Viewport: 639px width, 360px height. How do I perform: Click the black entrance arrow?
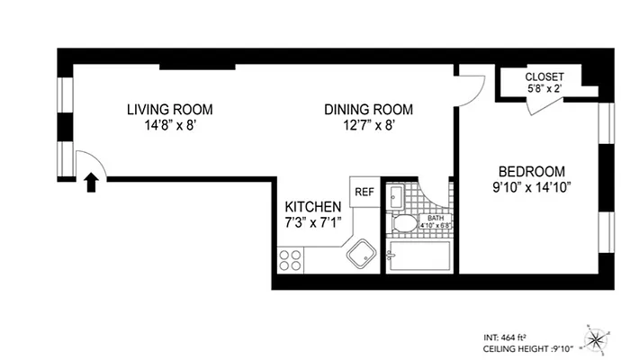click(x=90, y=184)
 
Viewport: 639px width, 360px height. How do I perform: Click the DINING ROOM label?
click(x=368, y=110)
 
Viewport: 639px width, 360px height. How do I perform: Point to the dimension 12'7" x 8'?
click(x=368, y=126)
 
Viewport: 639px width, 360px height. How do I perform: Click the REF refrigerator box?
click(x=364, y=192)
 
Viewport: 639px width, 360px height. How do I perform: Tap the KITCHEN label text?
click(x=312, y=206)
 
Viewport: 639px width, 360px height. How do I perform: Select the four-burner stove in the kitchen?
click(x=291, y=260)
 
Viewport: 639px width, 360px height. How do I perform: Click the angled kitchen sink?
click(x=363, y=255)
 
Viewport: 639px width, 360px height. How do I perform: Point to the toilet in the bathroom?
click(x=404, y=224)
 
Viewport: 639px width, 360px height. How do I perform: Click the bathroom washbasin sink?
click(x=397, y=193)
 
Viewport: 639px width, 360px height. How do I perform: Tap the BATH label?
click(x=435, y=218)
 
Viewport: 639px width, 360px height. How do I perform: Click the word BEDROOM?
click(x=531, y=172)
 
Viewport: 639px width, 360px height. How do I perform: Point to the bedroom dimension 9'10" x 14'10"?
click(x=531, y=188)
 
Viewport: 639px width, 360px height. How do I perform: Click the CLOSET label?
click(x=544, y=77)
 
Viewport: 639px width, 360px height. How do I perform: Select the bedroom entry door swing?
click(x=472, y=85)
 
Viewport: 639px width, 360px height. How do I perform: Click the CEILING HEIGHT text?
click(x=526, y=347)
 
